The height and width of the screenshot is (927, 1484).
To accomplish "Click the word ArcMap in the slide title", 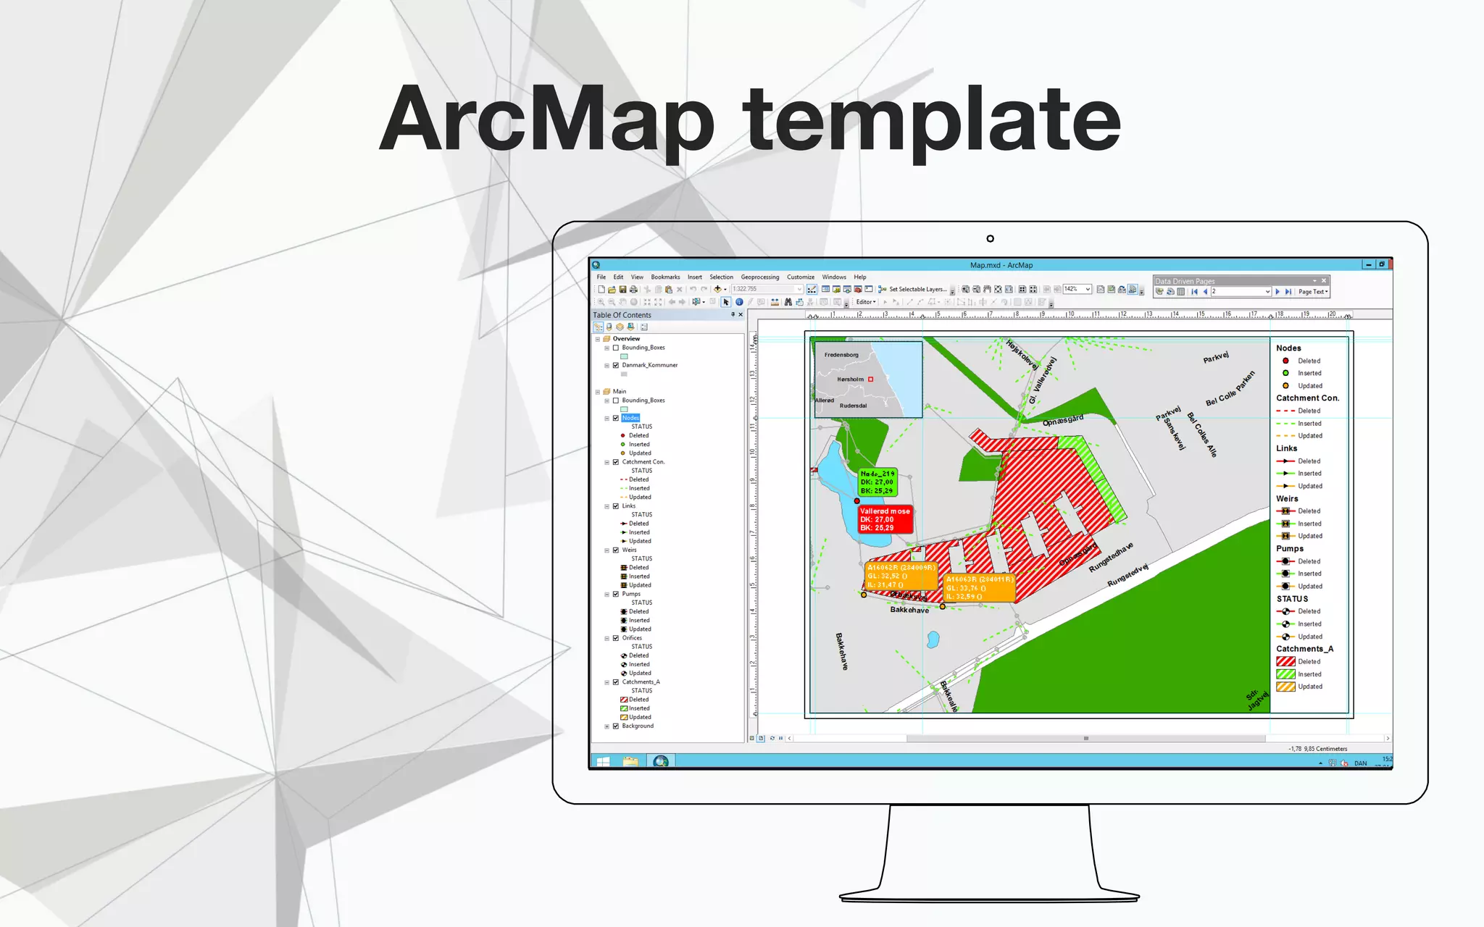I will point(547,119).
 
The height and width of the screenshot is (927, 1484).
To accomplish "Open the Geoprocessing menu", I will point(759,277).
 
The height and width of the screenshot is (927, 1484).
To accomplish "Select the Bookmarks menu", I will point(665,277).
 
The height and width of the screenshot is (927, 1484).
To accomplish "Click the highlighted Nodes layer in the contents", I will point(630,418).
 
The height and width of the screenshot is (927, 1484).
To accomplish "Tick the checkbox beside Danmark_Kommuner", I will point(616,366).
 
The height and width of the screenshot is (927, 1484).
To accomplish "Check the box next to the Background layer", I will point(616,726).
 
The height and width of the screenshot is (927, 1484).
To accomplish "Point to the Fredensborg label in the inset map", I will point(841,355).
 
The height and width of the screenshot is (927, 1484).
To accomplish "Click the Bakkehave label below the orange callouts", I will point(909,610).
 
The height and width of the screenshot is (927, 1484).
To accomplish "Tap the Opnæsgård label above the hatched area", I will point(1063,420).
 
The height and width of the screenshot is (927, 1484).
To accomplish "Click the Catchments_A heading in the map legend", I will point(1304,649).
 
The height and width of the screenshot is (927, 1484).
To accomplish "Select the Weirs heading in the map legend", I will point(1287,499).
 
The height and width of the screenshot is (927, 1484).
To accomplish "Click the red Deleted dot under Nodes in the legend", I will point(1285,361).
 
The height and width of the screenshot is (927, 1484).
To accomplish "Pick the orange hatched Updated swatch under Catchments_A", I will point(1285,687).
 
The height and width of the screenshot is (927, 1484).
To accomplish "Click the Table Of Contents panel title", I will point(622,315).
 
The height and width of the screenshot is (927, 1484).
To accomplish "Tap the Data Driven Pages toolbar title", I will point(1185,281).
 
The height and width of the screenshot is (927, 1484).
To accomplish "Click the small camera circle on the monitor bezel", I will point(991,238).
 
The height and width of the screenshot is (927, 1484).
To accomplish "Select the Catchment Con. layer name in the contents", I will point(643,462).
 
